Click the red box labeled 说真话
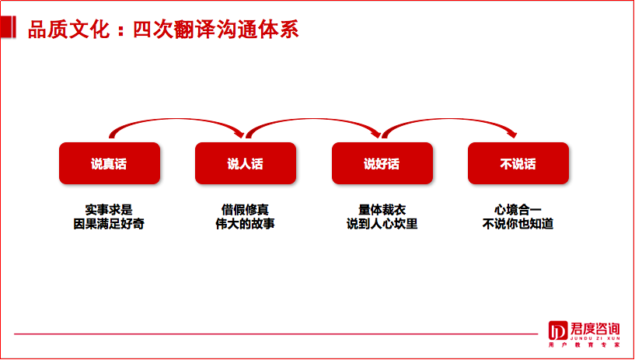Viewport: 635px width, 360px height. click(x=110, y=163)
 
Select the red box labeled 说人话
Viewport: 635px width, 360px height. click(x=246, y=163)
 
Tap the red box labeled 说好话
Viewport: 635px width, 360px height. click(x=382, y=163)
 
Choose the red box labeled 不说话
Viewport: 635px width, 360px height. click(x=518, y=163)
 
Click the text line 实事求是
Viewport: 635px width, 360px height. click(x=109, y=209)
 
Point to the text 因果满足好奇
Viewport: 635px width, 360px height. click(x=109, y=224)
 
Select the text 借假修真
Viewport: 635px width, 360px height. click(x=245, y=209)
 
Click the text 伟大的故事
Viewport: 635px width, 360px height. click(x=245, y=224)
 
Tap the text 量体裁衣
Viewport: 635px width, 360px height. click(x=382, y=209)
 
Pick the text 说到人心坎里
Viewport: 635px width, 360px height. click(x=382, y=224)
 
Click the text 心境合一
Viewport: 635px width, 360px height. click(x=518, y=209)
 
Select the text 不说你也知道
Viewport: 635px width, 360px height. click(x=518, y=224)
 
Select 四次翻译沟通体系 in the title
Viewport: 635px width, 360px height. click(x=211, y=30)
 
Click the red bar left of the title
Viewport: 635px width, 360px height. click(x=8, y=30)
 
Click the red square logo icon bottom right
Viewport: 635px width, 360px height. click(x=557, y=330)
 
